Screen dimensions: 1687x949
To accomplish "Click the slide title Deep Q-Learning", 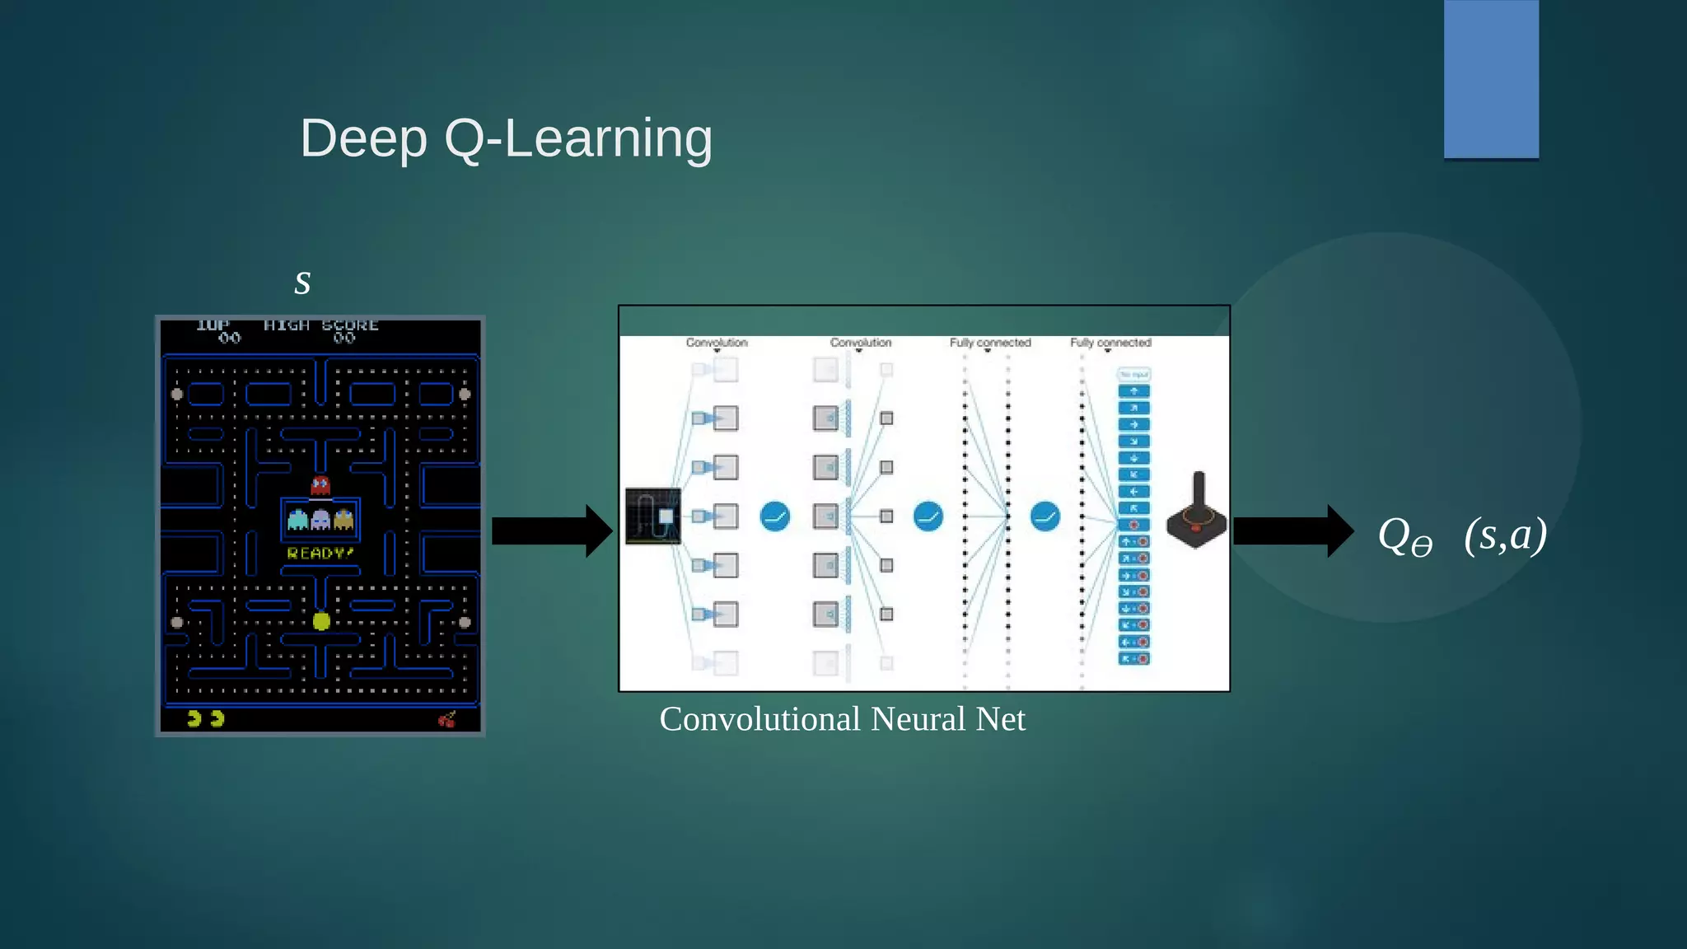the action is pos(506,138).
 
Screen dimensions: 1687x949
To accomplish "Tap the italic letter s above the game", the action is pos(302,283).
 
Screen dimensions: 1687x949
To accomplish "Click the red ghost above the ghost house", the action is pos(320,485).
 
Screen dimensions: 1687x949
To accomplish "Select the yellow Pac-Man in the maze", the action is pos(321,621).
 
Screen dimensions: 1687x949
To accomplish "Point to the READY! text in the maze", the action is pos(320,554).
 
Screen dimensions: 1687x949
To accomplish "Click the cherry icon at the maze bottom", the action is pos(447,719).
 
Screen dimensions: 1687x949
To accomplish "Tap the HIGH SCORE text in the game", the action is pos(321,325).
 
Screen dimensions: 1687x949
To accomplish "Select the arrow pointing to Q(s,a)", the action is pos(1292,531).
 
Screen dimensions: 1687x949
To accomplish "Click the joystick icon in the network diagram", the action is pos(1197,511).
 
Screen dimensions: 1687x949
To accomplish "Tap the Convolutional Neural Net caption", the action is pos(842,719).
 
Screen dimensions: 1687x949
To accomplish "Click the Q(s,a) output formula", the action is pos(1462,535).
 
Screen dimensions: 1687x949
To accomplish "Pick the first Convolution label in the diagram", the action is pos(717,343).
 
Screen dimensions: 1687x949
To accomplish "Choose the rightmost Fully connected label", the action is pos(1110,343).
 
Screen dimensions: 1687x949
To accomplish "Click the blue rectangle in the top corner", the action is pos(1491,79).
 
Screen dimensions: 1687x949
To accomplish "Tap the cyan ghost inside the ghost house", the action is pos(297,520).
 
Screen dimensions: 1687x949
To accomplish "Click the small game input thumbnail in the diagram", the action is pos(653,517).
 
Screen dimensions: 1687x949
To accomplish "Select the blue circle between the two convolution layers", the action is pos(774,517).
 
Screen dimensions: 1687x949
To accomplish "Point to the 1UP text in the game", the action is pos(213,325).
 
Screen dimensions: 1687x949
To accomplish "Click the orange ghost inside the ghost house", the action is pos(343,520).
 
